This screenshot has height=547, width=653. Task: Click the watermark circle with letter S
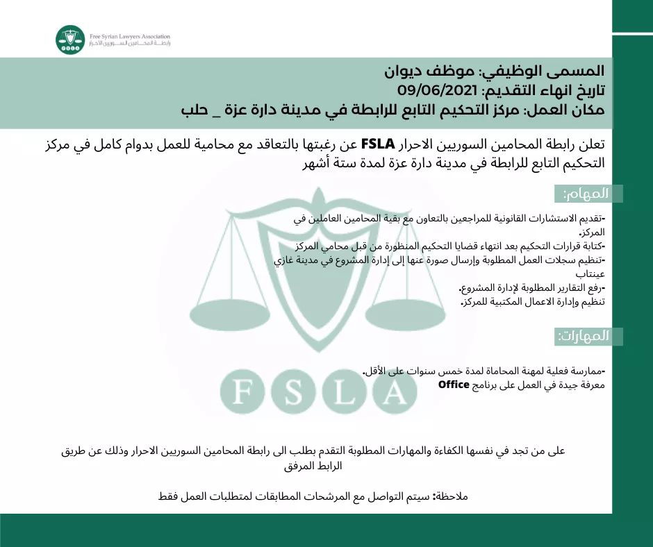[294, 392]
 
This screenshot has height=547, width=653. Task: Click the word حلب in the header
[195, 110]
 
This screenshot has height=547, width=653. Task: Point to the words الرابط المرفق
[313, 466]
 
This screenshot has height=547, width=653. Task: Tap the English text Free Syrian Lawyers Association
[130, 36]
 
